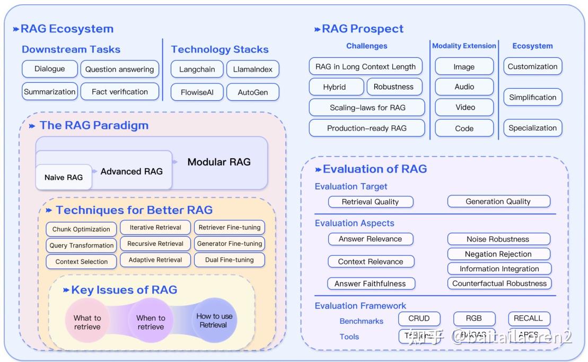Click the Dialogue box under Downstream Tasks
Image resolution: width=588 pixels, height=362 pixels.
[x=50, y=69]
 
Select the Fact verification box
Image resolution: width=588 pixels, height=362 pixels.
[x=120, y=91]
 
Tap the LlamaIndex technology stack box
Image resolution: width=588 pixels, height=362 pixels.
[x=252, y=69]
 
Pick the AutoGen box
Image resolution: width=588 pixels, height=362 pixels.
[x=252, y=92]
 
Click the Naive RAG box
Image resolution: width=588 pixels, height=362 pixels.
[x=64, y=177]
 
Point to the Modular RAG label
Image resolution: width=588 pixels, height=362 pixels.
[x=219, y=162]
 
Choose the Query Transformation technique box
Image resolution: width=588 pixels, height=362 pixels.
[x=82, y=245]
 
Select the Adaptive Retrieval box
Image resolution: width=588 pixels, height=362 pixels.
[x=155, y=260]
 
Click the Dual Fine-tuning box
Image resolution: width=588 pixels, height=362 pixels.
[x=230, y=260]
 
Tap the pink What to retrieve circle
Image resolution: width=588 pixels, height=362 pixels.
[x=87, y=322]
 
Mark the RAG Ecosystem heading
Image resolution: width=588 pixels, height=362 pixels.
[x=67, y=29]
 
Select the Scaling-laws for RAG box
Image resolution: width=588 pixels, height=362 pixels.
[x=367, y=107]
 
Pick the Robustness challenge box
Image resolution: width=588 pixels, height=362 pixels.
[x=393, y=87]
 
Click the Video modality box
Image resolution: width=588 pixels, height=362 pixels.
[x=464, y=107]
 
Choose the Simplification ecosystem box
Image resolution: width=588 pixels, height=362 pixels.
[x=532, y=97]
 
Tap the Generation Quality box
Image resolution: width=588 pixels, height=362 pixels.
[x=498, y=202]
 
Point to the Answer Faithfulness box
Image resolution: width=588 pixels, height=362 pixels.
[x=371, y=283]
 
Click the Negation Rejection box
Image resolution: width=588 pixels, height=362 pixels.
[x=498, y=254]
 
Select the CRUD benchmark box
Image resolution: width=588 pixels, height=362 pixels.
[x=419, y=318]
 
